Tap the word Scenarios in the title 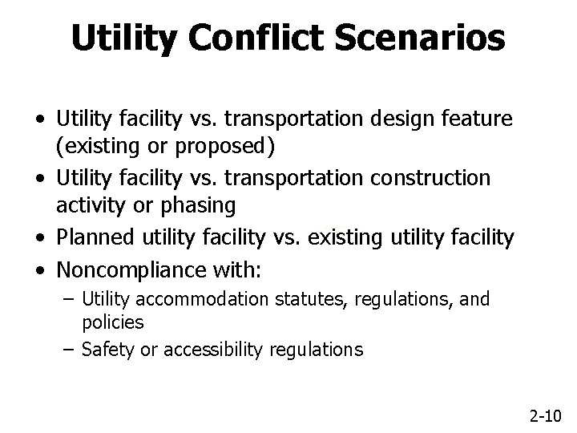[421, 38]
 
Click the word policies [113, 322]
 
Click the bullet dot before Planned [40, 237]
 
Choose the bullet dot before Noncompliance [40, 267]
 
